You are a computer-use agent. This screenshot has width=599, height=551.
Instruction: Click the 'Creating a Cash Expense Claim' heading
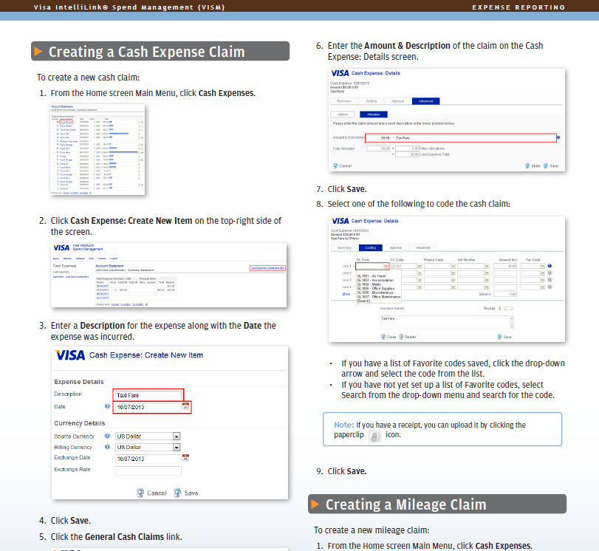coord(146,52)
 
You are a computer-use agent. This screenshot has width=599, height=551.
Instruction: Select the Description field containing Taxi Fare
coord(148,395)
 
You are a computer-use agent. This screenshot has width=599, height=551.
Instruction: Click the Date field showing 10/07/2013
coord(147,407)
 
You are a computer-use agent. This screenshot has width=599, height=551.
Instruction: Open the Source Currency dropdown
coord(177,437)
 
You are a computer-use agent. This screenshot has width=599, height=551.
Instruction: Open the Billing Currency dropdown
coord(177,448)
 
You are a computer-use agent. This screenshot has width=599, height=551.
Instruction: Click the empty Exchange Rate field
coord(148,470)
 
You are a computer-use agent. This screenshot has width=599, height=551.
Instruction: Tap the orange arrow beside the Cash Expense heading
coord(38,52)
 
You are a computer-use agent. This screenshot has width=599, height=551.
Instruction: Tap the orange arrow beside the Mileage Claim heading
coord(315,504)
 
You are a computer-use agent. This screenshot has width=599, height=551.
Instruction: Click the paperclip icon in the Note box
coord(374,437)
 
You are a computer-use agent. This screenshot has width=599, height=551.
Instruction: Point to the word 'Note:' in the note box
coord(343,425)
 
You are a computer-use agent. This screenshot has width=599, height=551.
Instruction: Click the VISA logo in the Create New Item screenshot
coord(70,355)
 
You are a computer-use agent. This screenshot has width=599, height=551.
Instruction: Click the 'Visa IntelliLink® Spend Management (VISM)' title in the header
coord(129,7)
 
